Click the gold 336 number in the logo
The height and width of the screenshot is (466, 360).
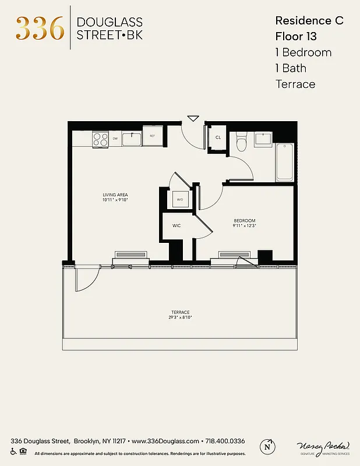[x=40, y=28]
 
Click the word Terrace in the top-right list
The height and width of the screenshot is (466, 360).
[x=295, y=84]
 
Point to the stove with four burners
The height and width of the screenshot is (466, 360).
[x=100, y=139]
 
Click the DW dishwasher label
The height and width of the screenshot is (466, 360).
[x=115, y=139]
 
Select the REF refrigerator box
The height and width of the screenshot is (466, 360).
[x=152, y=136]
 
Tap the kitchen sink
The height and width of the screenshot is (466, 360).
[x=132, y=138]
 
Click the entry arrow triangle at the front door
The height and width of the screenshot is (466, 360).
[x=193, y=119]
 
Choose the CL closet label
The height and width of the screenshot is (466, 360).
[x=218, y=137]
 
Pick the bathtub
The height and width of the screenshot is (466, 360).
[x=285, y=161]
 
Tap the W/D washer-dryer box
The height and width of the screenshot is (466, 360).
[x=179, y=199]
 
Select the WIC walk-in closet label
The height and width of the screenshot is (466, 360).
[x=176, y=225]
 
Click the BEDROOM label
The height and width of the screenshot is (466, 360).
[x=245, y=220]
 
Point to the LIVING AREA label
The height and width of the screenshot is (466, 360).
[x=115, y=195]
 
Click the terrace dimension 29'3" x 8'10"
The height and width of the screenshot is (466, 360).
[x=181, y=317]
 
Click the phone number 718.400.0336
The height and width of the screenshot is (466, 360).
[x=224, y=442]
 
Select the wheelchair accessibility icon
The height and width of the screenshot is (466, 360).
[x=13, y=451]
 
